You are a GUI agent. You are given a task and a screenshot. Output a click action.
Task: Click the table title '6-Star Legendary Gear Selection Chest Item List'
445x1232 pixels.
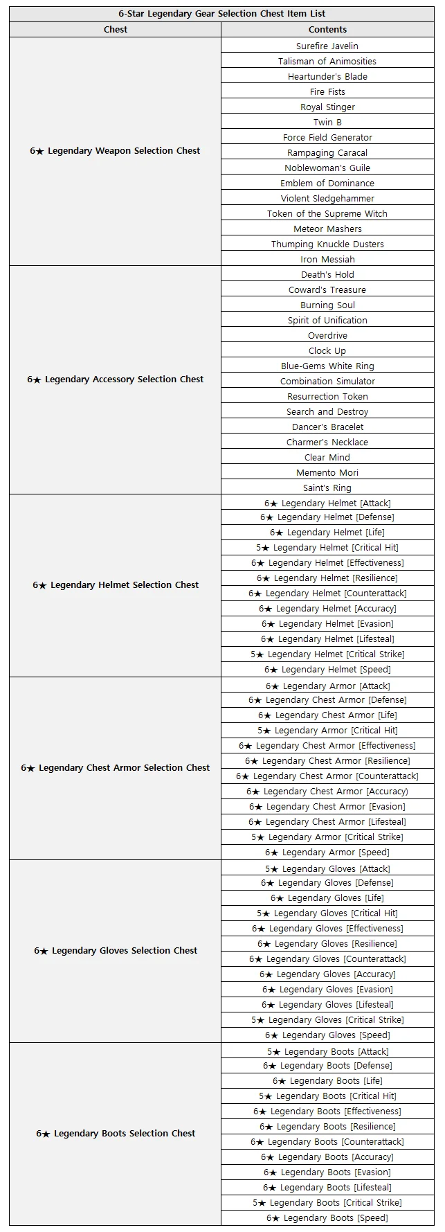click(x=221, y=14)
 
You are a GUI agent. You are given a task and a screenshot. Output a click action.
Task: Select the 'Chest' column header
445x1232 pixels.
click(x=116, y=29)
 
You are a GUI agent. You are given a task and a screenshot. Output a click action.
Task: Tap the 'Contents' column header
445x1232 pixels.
click(x=327, y=29)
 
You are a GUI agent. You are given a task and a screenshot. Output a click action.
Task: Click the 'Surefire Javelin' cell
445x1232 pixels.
click(x=327, y=46)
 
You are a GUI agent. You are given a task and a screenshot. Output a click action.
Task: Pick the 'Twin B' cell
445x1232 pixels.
click(x=327, y=122)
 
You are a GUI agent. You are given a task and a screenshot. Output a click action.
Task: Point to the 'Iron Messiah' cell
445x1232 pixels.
click(x=327, y=259)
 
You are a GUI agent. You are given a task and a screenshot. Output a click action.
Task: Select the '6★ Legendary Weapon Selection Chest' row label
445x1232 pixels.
click(x=115, y=150)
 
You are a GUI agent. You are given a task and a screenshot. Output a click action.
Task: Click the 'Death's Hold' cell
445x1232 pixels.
click(x=327, y=274)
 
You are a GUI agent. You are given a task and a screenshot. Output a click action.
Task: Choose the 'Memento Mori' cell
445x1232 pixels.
click(x=327, y=472)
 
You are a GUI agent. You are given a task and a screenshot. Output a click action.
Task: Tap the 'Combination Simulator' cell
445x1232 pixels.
click(x=327, y=381)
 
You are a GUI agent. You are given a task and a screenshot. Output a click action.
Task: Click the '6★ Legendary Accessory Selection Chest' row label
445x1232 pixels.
click(x=115, y=379)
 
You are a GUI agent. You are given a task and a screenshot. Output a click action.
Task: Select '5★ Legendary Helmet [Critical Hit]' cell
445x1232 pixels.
click(x=327, y=547)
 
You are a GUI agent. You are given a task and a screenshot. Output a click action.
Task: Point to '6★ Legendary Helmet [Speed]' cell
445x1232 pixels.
click(x=327, y=669)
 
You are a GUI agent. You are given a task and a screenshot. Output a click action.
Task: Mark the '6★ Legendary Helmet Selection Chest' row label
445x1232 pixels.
click(x=115, y=584)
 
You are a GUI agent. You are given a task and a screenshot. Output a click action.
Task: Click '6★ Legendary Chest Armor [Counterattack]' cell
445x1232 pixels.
click(x=327, y=776)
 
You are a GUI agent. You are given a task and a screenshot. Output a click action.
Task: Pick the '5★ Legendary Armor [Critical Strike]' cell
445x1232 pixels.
click(x=327, y=837)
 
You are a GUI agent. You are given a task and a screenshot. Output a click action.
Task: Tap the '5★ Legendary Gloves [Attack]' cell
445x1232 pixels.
click(x=327, y=868)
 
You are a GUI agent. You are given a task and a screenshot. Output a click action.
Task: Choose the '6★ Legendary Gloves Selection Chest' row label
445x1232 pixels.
click(x=115, y=950)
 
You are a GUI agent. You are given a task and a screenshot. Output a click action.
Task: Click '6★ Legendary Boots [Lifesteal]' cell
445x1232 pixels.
click(x=327, y=1187)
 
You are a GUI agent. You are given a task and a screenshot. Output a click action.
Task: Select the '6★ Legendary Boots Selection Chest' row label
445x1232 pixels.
click(x=115, y=1133)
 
